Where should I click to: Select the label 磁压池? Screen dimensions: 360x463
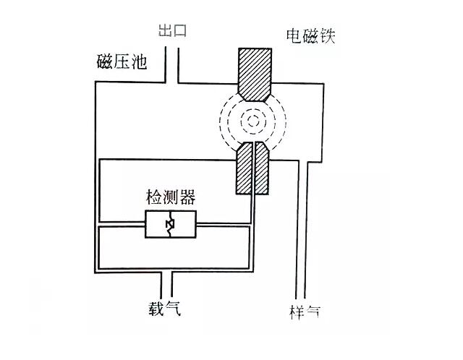coord(122,61)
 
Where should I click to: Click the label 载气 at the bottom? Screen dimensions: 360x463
coord(160,311)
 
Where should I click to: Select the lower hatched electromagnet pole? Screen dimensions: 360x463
coord(252,169)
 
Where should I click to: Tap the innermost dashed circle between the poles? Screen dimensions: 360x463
coord(252,120)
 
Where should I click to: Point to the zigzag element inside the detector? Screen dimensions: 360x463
coord(170,226)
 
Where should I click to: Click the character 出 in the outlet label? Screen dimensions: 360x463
coord(163,32)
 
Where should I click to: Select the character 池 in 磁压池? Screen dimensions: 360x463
coord(138,61)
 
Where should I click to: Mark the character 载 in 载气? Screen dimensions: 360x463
coord(150,311)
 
